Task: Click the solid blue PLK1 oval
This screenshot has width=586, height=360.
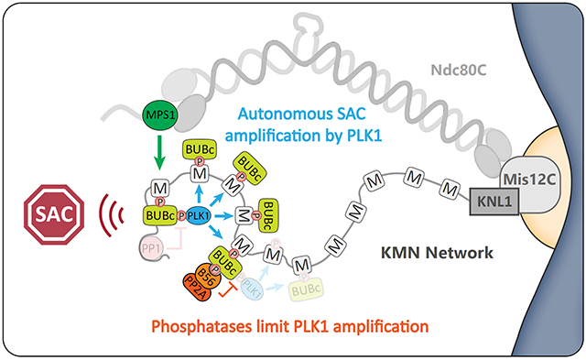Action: click(x=196, y=217)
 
